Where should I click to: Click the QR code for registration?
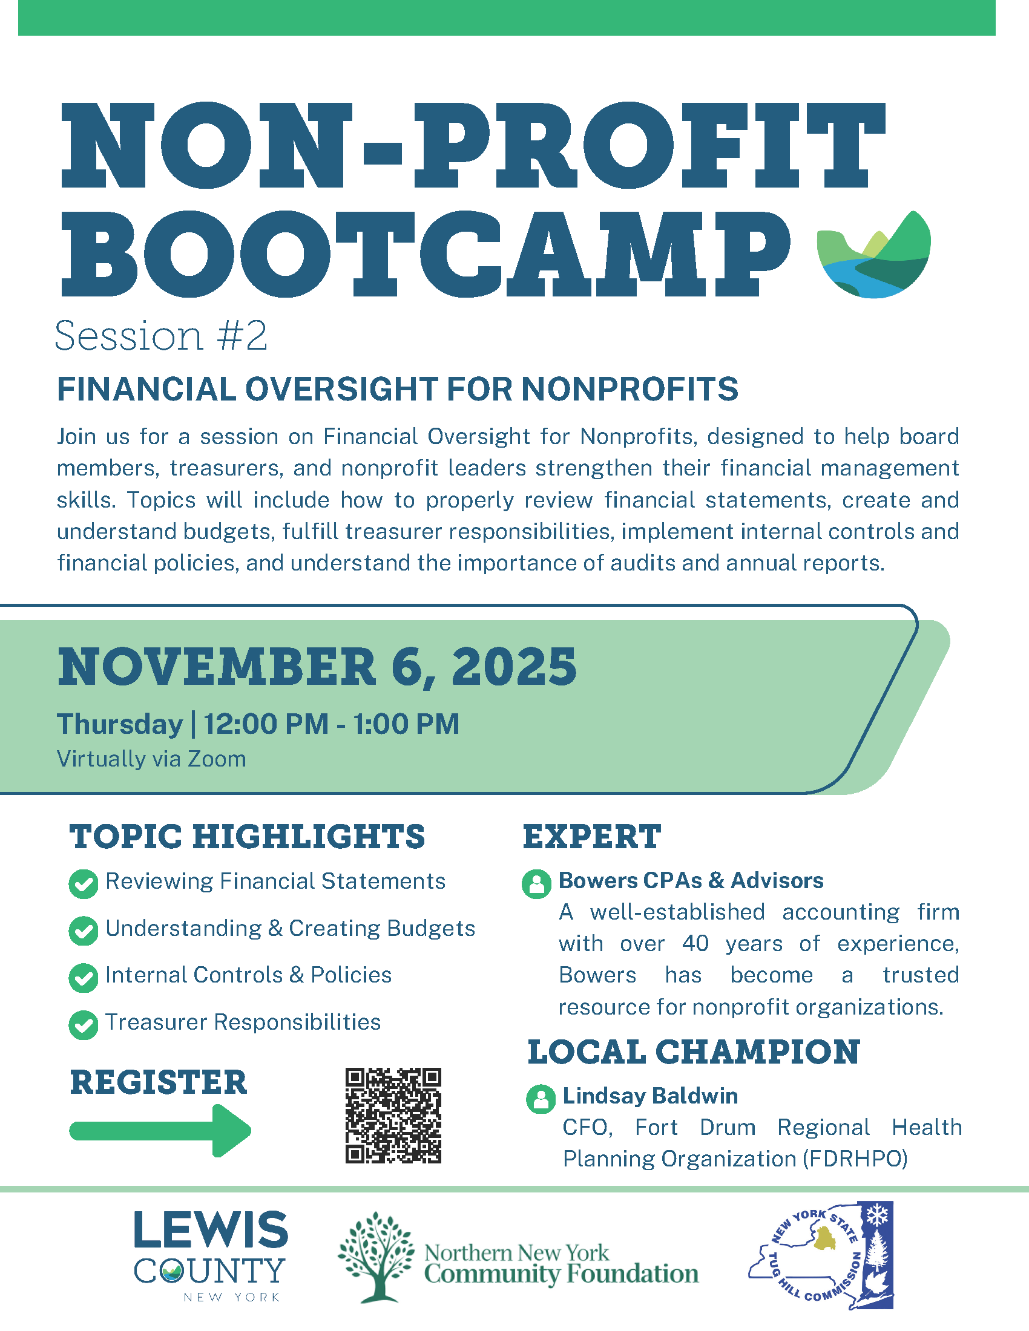[393, 1115]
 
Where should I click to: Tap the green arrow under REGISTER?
[160, 1131]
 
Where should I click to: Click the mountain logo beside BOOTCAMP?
[874, 254]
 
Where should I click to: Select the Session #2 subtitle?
[161, 336]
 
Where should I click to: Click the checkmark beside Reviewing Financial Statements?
[84, 885]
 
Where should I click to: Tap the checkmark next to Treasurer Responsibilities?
[84, 1025]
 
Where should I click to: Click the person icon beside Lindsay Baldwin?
[541, 1099]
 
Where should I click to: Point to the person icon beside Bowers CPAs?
[537, 884]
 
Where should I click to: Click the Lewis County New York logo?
[210, 1257]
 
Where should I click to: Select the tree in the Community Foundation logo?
[376, 1257]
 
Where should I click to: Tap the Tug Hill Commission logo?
[821, 1255]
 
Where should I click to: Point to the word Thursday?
[120, 724]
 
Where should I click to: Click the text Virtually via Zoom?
[151, 759]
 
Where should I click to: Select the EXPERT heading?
[592, 836]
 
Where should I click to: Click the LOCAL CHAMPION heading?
[694, 1052]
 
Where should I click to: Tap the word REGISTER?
[159, 1082]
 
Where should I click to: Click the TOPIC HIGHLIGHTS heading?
[247, 836]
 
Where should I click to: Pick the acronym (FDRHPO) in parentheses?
[855, 1159]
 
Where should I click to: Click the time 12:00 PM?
[266, 724]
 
